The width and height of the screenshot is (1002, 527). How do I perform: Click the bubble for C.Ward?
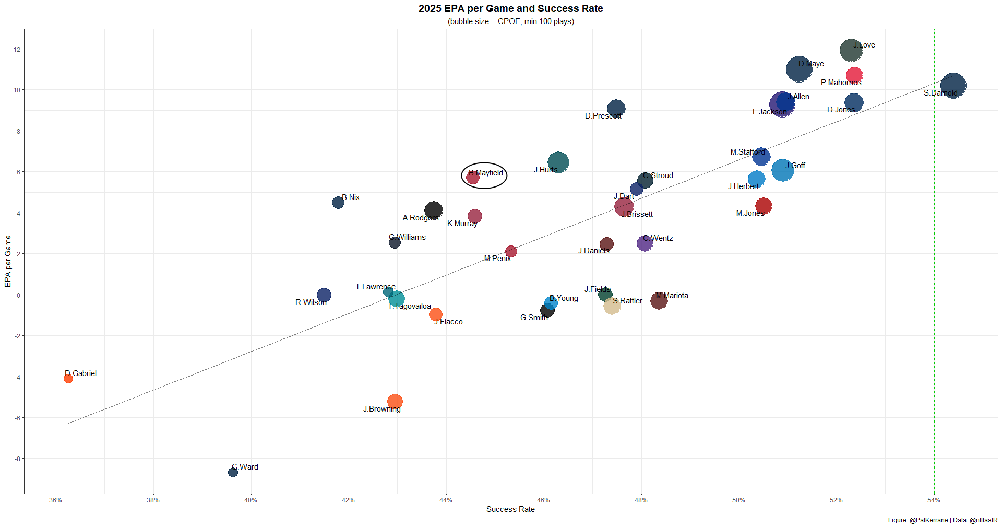(233, 472)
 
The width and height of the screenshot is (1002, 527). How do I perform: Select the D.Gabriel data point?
(68, 379)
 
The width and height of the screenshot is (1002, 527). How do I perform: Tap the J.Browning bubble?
(395, 402)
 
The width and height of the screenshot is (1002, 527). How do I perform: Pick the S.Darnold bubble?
(953, 86)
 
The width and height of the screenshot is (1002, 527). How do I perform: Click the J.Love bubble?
(851, 51)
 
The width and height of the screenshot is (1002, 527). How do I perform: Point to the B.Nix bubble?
(338, 203)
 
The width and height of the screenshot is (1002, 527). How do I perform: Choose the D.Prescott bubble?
(616, 109)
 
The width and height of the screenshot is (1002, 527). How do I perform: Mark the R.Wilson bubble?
(324, 295)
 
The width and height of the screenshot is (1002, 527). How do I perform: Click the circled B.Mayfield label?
(486, 173)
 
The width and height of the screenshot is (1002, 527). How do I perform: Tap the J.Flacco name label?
(448, 322)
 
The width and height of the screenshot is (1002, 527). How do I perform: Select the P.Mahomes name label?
(841, 83)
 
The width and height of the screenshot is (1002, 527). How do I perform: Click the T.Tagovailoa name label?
(409, 306)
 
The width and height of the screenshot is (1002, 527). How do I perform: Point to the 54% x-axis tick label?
(934, 500)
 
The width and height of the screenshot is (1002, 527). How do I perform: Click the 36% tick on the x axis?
(55, 500)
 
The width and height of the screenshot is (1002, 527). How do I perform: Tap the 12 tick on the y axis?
(17, 50)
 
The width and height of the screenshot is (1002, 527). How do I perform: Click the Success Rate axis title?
(510, 509)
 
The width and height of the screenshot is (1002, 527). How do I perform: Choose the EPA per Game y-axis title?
(8, 261)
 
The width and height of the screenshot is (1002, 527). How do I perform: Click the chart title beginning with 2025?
(510, 9)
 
